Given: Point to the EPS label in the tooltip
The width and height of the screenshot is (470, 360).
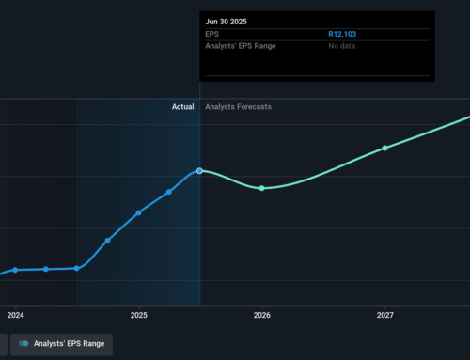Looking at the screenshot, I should pos(213,34).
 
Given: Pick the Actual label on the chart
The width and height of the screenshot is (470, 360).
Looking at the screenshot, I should pos(182,107).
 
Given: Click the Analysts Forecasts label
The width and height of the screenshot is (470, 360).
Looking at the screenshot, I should pos(239,107).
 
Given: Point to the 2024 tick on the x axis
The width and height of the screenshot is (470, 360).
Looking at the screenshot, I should pos(15,315).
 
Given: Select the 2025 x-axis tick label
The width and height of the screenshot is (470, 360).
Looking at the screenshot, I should pos(139,315).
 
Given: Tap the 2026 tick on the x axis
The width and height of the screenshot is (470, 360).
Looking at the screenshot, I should pos(262,315).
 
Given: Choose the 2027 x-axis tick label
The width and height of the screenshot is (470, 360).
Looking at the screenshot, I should pos(384,315).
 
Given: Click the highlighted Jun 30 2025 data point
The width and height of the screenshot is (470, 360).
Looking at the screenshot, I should pos(200,170).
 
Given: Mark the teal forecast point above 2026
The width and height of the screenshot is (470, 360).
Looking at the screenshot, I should pos(262,188).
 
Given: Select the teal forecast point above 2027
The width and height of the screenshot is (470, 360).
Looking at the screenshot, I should pos(384,148).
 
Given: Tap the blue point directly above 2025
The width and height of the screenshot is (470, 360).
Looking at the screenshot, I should pos(139,212).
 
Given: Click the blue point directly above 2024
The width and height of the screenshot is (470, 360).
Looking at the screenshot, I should pos(15,270).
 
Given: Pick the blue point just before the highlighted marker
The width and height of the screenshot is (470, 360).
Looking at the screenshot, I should pos(169,192).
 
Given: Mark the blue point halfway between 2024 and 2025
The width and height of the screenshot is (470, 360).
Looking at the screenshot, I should pos(77,268).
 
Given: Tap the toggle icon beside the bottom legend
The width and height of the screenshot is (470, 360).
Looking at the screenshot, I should pos(23,345).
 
